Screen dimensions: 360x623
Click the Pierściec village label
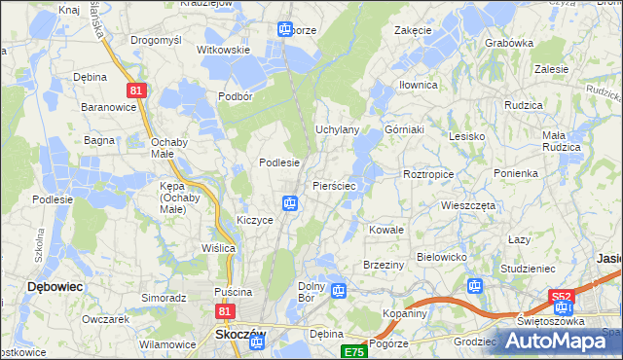[x=339, y=184]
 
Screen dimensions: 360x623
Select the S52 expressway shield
[x=561, y=296]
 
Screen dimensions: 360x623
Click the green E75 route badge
[x=353, y=351]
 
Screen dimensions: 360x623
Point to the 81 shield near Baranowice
[x=136, y=90]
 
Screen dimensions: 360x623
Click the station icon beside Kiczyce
[x=290, y=203]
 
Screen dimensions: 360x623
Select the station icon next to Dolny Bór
[x=338, y=290]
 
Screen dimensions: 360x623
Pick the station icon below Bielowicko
[x=475, y=286]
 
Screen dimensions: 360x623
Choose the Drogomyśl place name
[x=156, y=40]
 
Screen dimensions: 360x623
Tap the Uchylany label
[x=338, y=129]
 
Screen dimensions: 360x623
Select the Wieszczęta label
[x=468, y=206]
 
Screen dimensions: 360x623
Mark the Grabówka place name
[x=509, y=43]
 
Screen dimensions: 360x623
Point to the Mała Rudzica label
[x=561, y=141]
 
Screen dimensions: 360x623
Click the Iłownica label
[x=419, y=85]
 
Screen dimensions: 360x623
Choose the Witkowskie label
[x=224, y=49]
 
